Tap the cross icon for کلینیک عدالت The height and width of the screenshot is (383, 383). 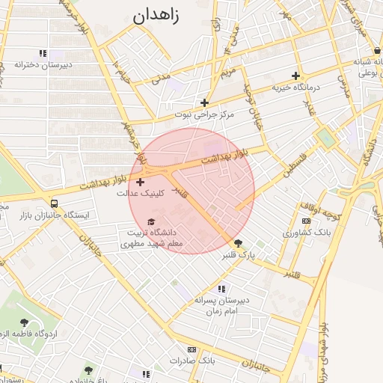[x=141, y=182]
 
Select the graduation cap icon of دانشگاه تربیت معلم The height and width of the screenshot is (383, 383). [x=153, y=222]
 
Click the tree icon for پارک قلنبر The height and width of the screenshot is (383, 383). [x=239, y=243]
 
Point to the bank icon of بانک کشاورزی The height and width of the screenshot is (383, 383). [x=306, y=221]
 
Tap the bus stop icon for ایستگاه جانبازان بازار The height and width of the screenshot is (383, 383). [x=54, y=203]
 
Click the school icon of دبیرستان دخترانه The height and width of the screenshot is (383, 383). [x=43, y=53]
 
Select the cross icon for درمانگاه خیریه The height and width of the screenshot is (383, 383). [x=296, y=76]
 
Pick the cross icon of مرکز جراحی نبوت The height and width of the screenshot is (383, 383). [x=204, y=103]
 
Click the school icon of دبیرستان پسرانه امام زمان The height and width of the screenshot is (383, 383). [x=221, y=289]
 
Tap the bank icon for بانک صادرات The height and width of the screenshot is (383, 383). [x=191, y=349]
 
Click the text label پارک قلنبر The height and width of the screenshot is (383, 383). [x=238, y=255]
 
